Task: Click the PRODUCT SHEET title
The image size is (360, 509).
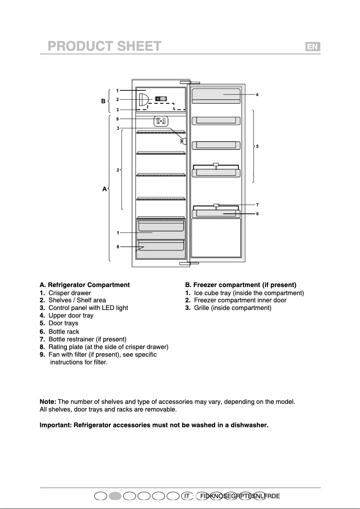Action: (x=105, y=47)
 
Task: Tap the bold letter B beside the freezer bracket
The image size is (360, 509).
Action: (x=103, y=101)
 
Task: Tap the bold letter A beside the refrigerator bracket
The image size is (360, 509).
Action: (x=104, y=189)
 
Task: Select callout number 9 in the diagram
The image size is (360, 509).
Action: (x=117, y=119)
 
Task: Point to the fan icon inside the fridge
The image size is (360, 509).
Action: (x=161, y=121)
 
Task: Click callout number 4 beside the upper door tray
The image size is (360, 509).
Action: (x=257, y=95)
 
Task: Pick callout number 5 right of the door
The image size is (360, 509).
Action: (x=257, y=146)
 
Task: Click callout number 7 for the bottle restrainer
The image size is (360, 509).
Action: (x=257, y=205)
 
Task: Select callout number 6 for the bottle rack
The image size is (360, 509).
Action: (x=257, y=214)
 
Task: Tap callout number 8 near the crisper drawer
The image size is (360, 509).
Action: (x=118, y=247)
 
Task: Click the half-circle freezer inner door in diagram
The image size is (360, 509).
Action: (x=142, y=99)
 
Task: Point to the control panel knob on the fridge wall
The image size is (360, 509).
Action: (x=184, y=141)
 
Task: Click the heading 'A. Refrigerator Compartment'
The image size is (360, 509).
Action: (x=85, y=285)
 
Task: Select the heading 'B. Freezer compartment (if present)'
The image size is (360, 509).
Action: (x=241, y=285)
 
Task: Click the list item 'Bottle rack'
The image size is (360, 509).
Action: (x=64, y=332)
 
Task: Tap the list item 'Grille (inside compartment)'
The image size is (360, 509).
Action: (x=233, y=308)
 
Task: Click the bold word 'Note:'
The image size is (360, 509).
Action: (x=48, y=402)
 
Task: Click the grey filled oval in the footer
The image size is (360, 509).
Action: (x=115, y=496)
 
